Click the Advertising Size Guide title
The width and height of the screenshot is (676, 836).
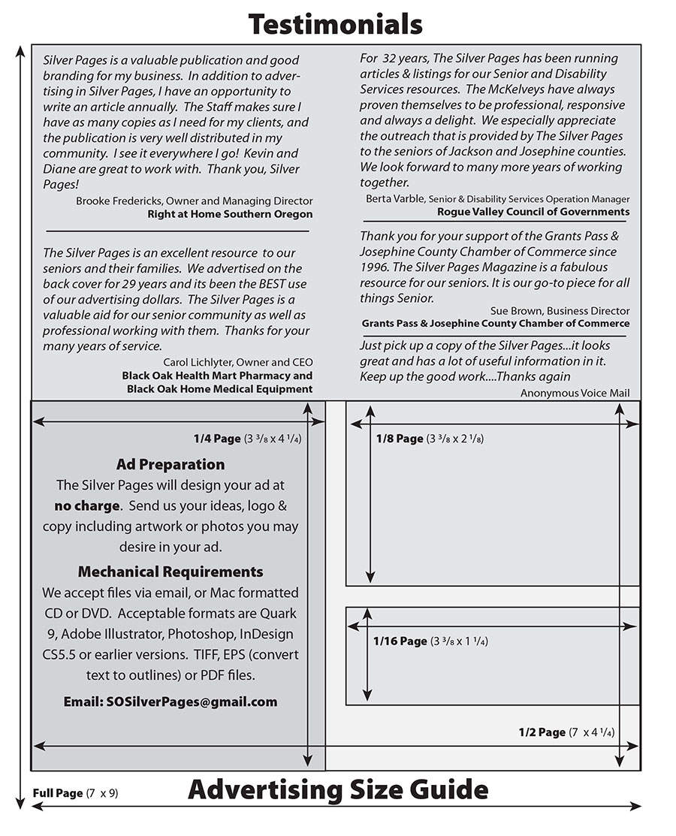click(x=338, y=789)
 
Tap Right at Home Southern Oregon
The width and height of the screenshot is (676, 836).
click(x=230, y=214)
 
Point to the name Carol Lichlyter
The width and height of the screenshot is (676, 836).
click(x=198, y=362)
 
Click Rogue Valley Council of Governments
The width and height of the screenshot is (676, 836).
click(x=533, y=212)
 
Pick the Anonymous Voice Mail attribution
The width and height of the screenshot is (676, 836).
click(x=575, y=393)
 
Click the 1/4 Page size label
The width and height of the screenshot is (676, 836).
click(x=217, y=439)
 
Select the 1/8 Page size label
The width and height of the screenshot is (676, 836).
click(x=400, y=439)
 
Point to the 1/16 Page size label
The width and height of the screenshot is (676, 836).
click(x=400, y=641)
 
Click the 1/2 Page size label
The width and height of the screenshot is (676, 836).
click(x=542, y=732)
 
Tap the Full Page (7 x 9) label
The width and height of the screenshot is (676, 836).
click(x=76, y=793)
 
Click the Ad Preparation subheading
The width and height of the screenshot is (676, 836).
click(x=171, y=464)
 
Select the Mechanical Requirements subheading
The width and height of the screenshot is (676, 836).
click(x=171, y=572)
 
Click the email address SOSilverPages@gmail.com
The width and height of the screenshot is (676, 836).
click(x=171, y=702)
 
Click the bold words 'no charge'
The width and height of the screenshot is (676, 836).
click(x=87, y=506)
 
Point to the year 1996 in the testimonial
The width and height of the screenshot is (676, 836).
click(x=376, y=267)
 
